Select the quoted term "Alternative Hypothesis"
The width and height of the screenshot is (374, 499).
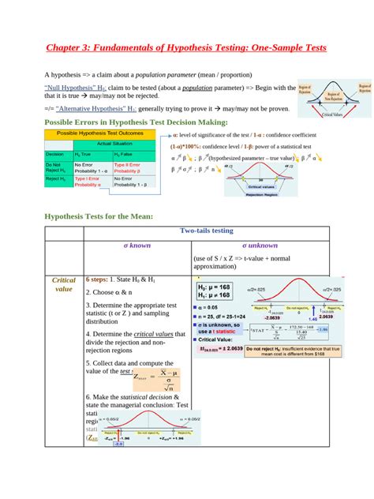(x=102, y=109)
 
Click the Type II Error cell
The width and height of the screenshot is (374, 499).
(x=128, y=167)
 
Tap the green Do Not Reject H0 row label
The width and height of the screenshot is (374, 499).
(x=58, y=167)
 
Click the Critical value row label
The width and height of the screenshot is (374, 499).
(x=64, y=284)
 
